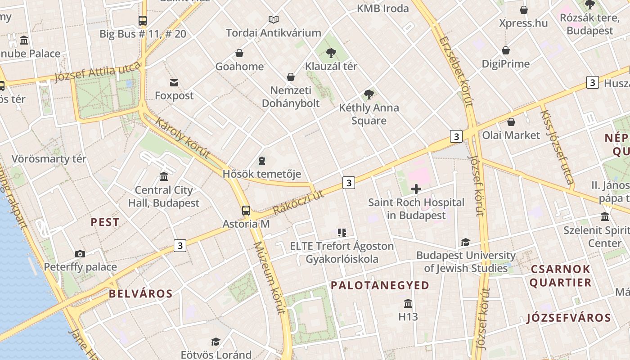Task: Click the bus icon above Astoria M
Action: pos(246,210)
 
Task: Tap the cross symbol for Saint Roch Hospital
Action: pos(416,189)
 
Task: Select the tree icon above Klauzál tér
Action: pos(331,53)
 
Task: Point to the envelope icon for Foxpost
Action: pos(174,82)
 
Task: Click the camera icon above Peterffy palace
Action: pos(80,254)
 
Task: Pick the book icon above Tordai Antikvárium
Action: pos(274,19)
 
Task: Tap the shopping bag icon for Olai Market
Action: pos(511,122)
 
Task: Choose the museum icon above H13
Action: pos(408,303)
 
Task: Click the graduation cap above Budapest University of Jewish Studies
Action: pos(465,242)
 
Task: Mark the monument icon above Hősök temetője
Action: pos(262,161)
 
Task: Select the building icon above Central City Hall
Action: pos(164,177)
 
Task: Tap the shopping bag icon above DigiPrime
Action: pos(506,50)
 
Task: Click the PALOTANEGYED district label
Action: pos(380,285)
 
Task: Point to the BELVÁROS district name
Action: pos(140,294)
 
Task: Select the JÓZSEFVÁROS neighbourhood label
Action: pos(569,318)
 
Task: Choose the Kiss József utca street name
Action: pos(557,148)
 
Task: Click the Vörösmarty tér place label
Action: pos(49,159)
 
